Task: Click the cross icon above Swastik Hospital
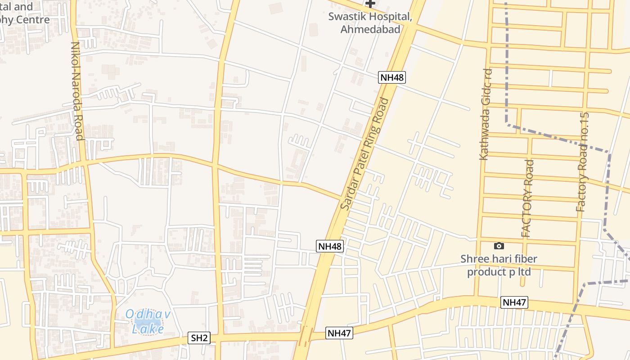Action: coord(370,4)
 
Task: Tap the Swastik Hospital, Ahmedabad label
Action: coord(370,23)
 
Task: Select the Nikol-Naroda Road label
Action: coord(77,91)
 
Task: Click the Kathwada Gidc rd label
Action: coord(485,114)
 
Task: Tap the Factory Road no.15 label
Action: coord(582,162)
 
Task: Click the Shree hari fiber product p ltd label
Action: coord(499,265)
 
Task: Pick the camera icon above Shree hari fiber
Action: coord(499,246)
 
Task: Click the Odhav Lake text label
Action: coord(148,321)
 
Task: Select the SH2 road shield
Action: coord(199,338)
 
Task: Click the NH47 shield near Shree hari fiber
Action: coord(514,302)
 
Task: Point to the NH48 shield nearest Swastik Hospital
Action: coord(392,77)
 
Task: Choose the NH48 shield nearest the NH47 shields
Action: coord(330,246)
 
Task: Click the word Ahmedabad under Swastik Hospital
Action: coord(370,29)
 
